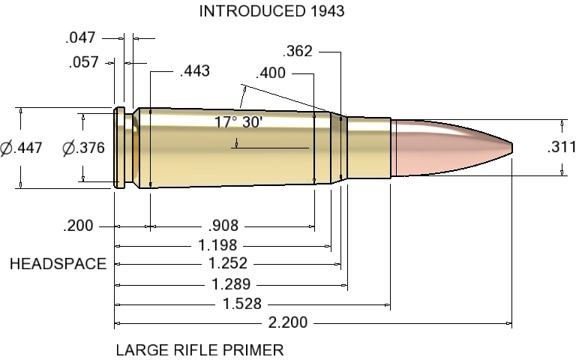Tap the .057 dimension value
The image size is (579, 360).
82,62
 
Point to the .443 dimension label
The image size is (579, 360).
194,72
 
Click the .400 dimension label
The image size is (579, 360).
270,73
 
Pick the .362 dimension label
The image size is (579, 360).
298,52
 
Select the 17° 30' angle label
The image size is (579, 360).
238,122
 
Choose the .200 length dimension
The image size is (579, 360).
79,226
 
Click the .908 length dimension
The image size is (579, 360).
223,226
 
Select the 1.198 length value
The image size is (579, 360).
217,245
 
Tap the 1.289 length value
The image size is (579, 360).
231,284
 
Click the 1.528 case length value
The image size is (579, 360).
242,304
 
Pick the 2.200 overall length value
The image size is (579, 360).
288,324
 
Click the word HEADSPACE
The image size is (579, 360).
58,264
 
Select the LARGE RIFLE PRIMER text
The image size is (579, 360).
199,349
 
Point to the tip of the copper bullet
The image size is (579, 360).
512,145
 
